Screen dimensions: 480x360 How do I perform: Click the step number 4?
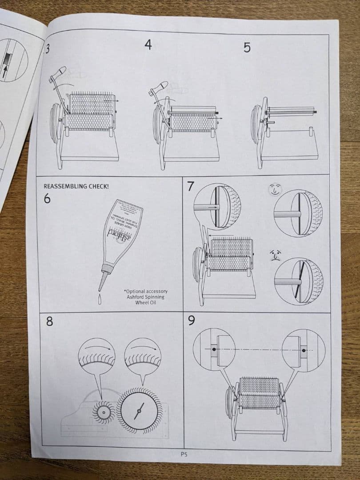148,45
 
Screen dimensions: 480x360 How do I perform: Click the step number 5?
247,47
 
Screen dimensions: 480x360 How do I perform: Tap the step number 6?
48,198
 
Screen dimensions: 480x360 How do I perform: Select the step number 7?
190,186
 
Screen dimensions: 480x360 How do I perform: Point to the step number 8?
49,321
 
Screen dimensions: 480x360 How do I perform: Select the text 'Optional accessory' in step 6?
146,292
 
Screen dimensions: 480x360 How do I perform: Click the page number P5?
184,454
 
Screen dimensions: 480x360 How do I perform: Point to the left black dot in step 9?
214,350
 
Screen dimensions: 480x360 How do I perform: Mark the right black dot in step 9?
304,350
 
